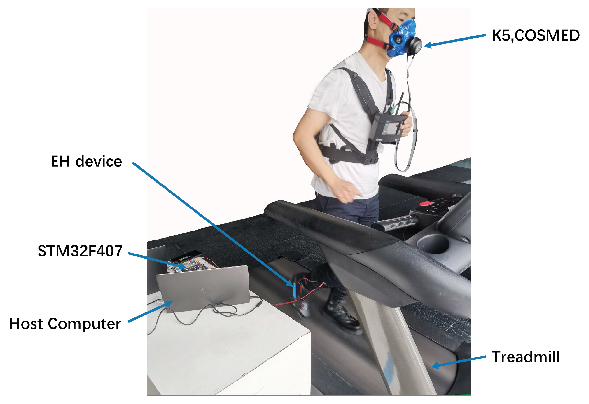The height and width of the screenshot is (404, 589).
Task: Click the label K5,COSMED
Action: click(535, 35)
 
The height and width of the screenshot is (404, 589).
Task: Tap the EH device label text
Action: click(86, 161)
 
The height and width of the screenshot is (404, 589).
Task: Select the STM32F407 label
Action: click(80, 251)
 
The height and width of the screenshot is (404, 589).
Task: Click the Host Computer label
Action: click(65, 323)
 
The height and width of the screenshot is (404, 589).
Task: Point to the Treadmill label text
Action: click(526, 357)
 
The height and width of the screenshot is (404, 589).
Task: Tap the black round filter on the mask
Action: click(414, 46)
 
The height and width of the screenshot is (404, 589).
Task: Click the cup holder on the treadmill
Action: click(433, 244)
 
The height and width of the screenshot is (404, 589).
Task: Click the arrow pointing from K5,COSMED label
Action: click(455, 41)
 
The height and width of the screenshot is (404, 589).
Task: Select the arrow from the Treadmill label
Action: click(458, 361)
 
